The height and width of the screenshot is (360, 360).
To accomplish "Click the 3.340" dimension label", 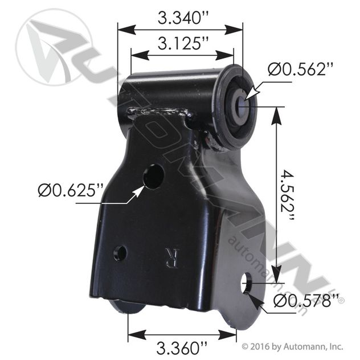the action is click(183, 18).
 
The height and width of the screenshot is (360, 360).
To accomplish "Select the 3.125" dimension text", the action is click(183, 43).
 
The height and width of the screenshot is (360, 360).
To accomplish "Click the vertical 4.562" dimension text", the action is click(287, 195).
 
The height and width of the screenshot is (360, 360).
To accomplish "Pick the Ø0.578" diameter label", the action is click(306, 301).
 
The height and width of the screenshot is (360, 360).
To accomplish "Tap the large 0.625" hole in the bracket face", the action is click(153, 177).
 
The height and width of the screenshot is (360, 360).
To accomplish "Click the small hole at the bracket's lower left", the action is click(120, 253).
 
